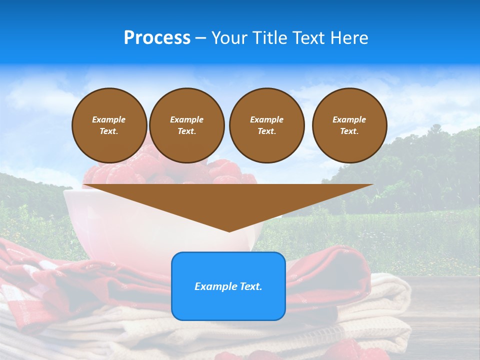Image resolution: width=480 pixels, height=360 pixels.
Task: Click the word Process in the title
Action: click(x=157, y=38)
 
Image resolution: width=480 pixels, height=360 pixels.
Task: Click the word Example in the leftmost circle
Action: click(x=109, y=119)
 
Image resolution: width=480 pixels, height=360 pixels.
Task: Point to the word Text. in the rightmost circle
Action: click(x=349, y=131)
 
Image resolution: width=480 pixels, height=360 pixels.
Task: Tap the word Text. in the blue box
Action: click(x=251, y=286)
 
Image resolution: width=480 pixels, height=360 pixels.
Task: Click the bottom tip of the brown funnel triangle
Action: click(x=229, y=230)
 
